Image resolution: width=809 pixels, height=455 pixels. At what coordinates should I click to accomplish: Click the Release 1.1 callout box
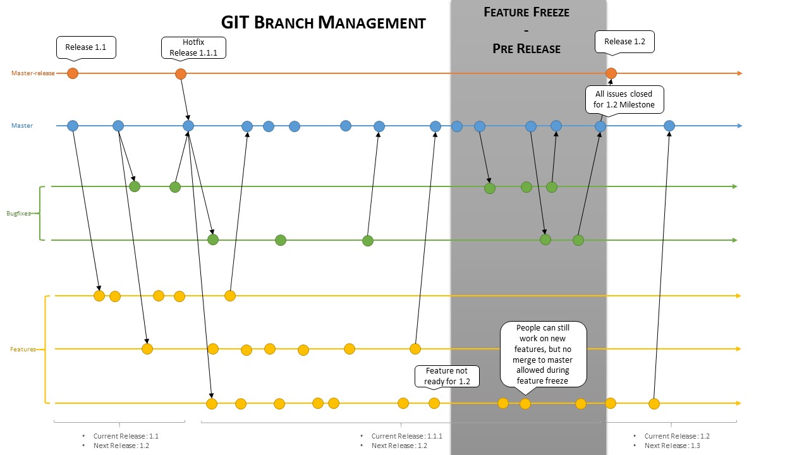[x=85, y=47]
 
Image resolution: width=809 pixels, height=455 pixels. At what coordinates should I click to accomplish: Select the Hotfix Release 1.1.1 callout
[x=193, y=47]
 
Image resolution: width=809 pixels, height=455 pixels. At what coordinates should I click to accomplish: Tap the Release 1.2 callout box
[x=624, y=42]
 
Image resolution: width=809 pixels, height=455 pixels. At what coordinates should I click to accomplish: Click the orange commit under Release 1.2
[x=611, y=73]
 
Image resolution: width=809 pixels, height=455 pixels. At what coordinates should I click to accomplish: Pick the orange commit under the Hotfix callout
[x=181, y=74]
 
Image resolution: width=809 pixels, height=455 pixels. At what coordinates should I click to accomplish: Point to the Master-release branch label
[x=33, y=73]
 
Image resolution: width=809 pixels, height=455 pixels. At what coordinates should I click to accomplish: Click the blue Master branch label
[x=22, y=126]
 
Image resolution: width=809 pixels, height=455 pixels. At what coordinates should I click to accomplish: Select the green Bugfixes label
[x=19, y=214]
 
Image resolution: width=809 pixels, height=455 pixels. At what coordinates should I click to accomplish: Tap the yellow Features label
[x=23, y=349]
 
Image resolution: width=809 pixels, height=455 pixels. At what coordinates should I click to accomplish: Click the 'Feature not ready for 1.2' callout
[x=447, y=377]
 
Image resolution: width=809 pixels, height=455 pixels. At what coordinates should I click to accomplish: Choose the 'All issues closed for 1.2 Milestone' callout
[x=624, y=99]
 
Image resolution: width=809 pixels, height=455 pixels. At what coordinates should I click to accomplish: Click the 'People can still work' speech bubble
[x=544, y=354]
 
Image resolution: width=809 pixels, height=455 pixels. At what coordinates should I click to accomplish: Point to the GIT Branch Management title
[x=323, y=23]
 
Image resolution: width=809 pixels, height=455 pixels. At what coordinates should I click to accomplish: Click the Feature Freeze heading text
[x=526, y=12]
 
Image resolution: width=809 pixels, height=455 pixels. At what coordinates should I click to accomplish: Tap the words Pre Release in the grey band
[x=526, y=49]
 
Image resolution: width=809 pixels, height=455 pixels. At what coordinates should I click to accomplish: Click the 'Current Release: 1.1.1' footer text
[x=406, y=436]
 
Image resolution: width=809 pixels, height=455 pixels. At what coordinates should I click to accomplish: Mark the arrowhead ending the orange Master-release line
[x=739, y=73]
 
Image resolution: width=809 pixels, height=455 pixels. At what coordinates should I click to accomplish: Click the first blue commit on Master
[x=73, y=126]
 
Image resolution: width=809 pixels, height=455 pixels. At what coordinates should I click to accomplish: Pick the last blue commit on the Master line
[x=669, y=126]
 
